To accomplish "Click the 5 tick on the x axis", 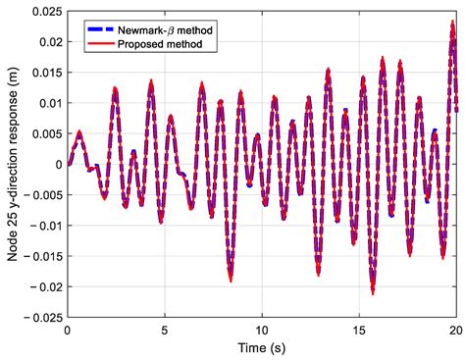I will pos(165,332).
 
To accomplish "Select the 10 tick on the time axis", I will pos(262,332).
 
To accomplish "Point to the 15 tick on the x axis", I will pos(359,332).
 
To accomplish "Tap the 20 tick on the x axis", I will pos(455,332).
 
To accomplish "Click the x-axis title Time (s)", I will pos(262,349).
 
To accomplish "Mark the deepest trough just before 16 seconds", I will pos(373,291).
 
